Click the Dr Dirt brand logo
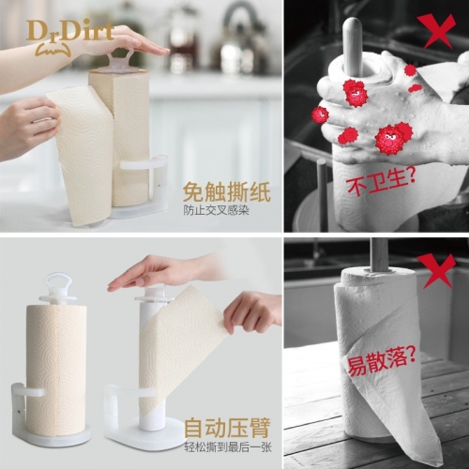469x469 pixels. [70, 37]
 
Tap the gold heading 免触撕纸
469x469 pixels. [226, 191]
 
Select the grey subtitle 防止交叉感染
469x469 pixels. [216, 211]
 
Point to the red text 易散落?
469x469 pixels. [382, 362]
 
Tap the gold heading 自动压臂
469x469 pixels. [227, 428]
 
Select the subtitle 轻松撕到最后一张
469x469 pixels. [228, 447]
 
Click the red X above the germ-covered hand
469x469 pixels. [436, 31]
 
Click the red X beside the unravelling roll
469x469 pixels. [436, 269]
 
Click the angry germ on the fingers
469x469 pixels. [355, 93]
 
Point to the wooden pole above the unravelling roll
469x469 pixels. [378, 254]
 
